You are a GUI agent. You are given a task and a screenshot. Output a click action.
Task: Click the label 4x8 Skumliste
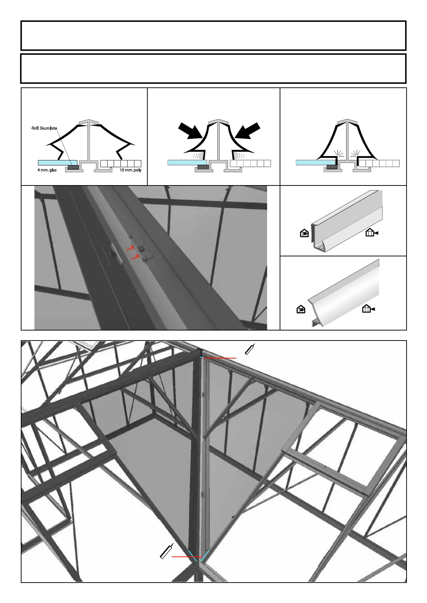coord(44,128)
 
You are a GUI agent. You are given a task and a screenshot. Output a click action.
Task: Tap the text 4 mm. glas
coord(47,170)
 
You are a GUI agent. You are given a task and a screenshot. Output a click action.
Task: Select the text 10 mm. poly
coord(131,170)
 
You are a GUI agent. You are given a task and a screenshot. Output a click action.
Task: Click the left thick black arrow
coord(190,131)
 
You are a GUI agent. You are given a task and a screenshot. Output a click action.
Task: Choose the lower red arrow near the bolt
coord(135,257)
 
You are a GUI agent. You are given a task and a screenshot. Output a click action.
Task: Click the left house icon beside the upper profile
coord(304,233)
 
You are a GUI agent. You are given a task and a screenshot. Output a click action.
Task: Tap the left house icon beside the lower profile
coord(301,309)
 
